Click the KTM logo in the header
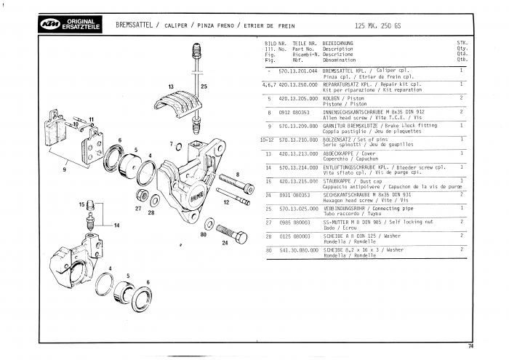pos(49,25)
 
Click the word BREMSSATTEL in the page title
pos(133,25)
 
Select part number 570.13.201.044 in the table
pos(298,71)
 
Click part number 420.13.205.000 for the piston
pos(298,98)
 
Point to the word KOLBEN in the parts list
pos(333,98)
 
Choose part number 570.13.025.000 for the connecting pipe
pos(298,208)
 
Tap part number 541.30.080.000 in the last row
pos(298,249)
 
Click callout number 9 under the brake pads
pos(65,169)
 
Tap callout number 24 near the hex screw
pos(225,244)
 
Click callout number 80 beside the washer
pos(204,234)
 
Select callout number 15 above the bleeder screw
pos(81,204)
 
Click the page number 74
pos(471,345)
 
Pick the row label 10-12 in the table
pos(266,139)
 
